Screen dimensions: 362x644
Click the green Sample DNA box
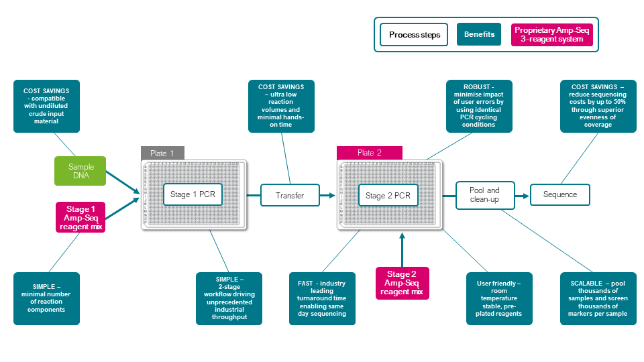coord(81,171)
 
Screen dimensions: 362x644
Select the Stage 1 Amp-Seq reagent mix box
coord(81,218)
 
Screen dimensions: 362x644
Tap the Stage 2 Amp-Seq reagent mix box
coord(402,283)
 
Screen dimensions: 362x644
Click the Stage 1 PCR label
coord(193,195)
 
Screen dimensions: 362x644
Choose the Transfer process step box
coord(290,195)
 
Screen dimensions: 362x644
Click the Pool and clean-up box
coord(484,195)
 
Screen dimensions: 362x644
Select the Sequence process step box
coord(560,195)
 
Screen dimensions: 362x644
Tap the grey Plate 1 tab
coord(162,153)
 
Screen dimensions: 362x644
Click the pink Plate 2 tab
coord(370,153)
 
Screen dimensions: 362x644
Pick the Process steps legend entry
coord(414,35)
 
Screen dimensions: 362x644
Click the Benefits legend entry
coord(479,35)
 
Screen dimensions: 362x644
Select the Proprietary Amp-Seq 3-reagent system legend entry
coord(553,35)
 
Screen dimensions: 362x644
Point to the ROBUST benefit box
coord(480,105)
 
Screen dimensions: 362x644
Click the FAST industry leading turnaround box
coord(322,298)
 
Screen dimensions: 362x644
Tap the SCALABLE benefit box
coord(593,298)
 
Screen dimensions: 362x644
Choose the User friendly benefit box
coord(499,298)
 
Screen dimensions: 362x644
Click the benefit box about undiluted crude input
coord(46,106)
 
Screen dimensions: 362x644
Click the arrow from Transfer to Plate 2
coord(327,195)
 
